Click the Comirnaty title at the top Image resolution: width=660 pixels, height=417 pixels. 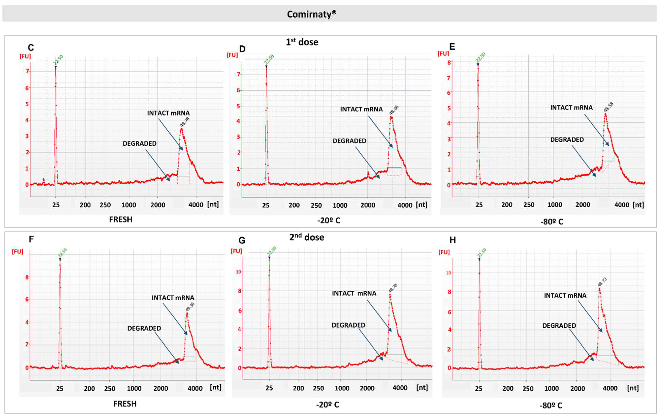point(311,14)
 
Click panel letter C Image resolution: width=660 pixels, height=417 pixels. point(31,48)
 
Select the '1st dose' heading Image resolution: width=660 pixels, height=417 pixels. point(302,42)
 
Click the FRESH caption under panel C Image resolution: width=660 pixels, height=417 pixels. point(121,219)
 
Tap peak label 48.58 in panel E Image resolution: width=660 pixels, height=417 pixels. point(609,107)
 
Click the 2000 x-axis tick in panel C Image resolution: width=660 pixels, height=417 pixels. point(158,205)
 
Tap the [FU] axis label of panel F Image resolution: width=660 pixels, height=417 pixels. point(17,252)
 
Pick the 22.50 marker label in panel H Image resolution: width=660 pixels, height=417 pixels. point(482,253)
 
